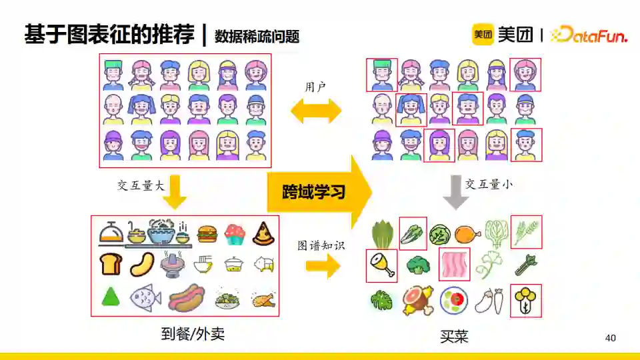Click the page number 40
point(610,338)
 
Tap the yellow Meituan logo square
point(483,35)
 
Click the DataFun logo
point(590,35)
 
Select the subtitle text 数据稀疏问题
point(257,37)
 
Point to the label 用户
point(315,87)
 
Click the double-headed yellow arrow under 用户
point(315,111)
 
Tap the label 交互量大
point(141,186)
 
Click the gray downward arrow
point(456,191)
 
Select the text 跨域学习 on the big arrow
point(313,193)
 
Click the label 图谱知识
point(321,245)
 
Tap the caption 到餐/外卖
point(193,334)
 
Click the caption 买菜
point(454,336)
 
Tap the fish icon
point(145,297)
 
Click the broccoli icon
point(419,265)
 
